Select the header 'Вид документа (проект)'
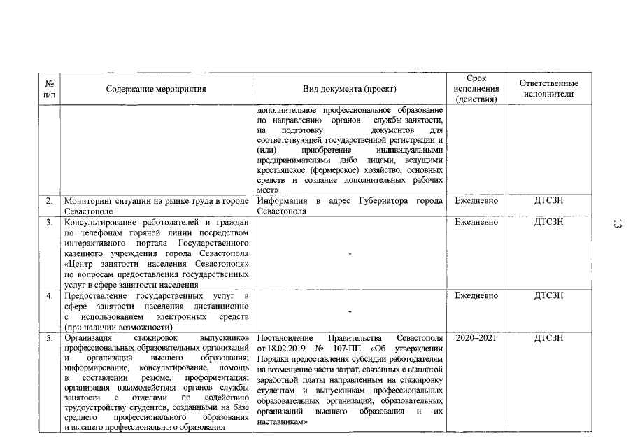click(349, 90)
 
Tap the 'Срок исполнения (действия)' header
click(476, 89)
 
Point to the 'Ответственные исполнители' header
click(548, 89)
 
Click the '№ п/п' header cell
click(50, 89)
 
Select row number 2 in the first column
click(50, 201)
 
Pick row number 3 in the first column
click(50, 223)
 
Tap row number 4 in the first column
click(50, 296)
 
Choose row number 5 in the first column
click(50, 338)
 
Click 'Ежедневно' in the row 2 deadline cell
click(476, 201)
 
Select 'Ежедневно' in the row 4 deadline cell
click(476, 296)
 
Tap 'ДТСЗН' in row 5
click(548, 338)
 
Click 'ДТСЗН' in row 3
click(548, 223)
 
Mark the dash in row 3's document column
click(349, 253)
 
